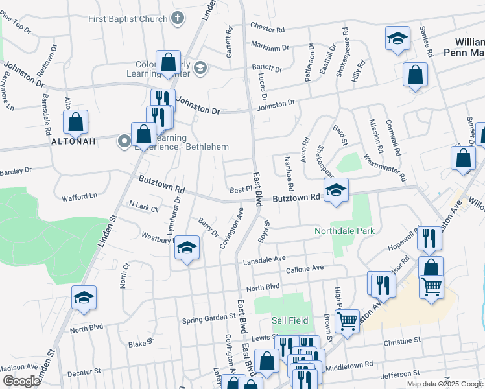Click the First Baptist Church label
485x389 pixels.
pos(128,19)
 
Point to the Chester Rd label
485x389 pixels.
pos(267,29)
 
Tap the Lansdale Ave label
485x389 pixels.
pos(264,259)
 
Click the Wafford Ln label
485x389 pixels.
pos(78,196)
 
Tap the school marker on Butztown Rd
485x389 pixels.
pos(336,191)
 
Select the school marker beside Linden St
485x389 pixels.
pos(84,298)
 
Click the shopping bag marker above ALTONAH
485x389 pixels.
pos(76,121)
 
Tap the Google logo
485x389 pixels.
pos(21,381)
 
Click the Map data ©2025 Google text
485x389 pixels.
pos(444,384)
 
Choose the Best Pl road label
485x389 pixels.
pos(240,189)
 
